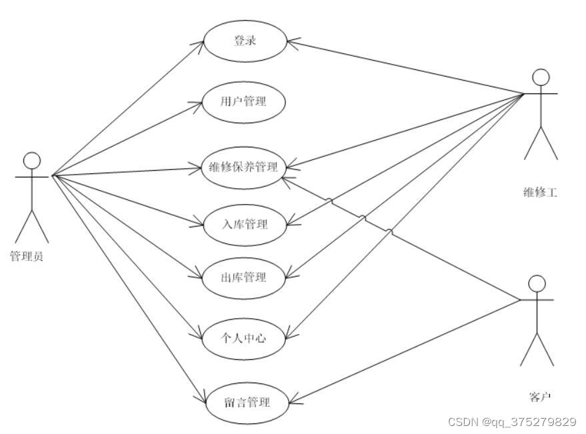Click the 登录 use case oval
(245, 41)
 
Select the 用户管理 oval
(244, 102)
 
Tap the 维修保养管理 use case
(244, 167)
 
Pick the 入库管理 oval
(244, 224)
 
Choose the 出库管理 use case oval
(244, 277)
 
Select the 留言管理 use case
(247, 402)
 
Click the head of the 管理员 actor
(32, 161)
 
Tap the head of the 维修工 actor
(541, 77)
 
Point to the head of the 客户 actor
(537, 284)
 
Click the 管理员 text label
(27, 256)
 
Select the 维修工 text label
(540, 193)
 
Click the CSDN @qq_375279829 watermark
(512, 422)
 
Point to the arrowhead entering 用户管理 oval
(200, 103)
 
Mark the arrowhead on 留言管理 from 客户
(292, 401)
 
